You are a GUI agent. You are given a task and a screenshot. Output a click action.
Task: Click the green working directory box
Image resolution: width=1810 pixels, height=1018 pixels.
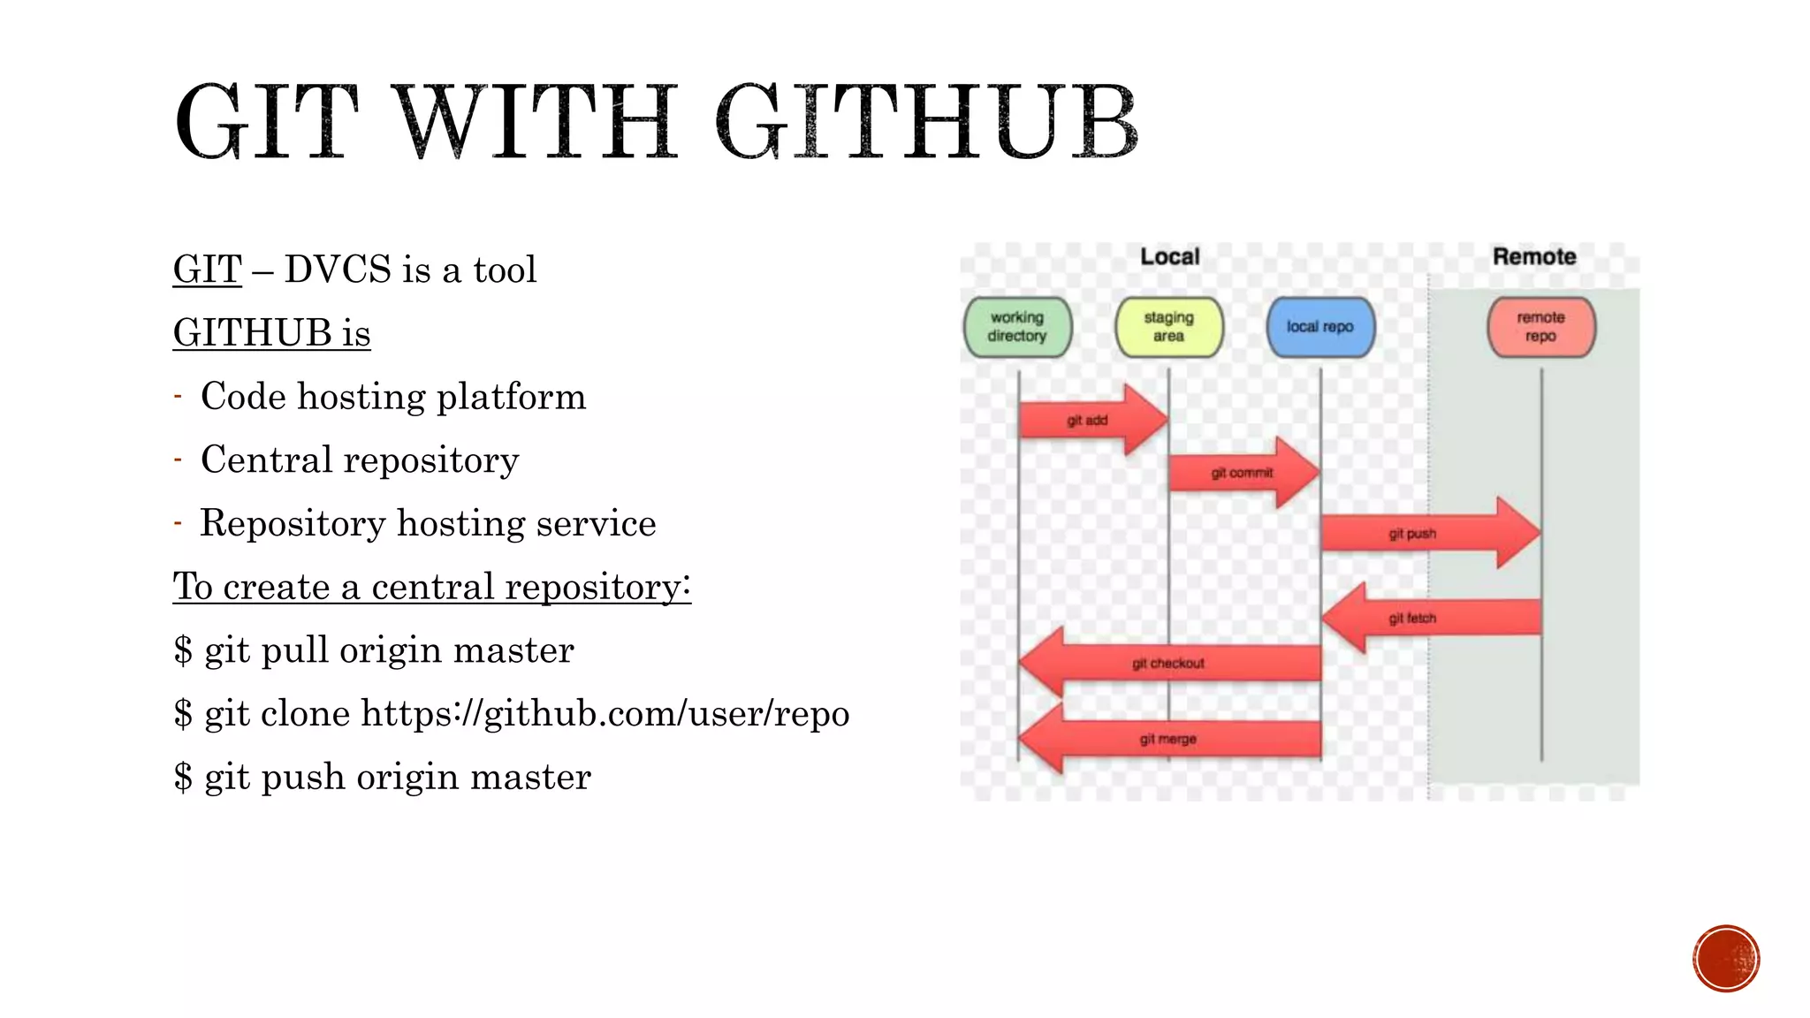(1017, 327)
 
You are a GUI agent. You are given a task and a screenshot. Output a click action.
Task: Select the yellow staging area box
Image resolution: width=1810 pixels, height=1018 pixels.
(1168, 327)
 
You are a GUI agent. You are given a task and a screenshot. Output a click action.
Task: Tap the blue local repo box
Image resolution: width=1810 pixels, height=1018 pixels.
(1320, 327)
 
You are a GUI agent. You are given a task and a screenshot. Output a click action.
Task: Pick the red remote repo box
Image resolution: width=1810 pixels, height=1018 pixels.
(1540, 327)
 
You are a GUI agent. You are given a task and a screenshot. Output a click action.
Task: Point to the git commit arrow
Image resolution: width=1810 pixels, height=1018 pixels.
(1242, 473)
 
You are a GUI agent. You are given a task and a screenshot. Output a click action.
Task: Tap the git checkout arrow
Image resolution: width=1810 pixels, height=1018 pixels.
(1168, 663)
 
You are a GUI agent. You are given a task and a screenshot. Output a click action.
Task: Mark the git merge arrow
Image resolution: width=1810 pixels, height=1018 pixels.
(1168, 739)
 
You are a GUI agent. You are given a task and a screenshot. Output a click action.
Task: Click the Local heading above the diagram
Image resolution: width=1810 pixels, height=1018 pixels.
(1169, 257)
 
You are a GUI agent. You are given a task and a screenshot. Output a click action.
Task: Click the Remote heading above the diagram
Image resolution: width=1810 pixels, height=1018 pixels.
(1534, 257)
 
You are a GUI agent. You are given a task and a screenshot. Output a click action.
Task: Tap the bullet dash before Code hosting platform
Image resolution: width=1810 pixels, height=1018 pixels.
(178, 396)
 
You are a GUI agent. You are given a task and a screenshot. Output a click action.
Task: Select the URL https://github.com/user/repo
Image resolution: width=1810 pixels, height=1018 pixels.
(605, 713)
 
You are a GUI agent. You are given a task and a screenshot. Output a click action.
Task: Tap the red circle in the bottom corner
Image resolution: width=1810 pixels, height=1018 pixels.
(1726, 959)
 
